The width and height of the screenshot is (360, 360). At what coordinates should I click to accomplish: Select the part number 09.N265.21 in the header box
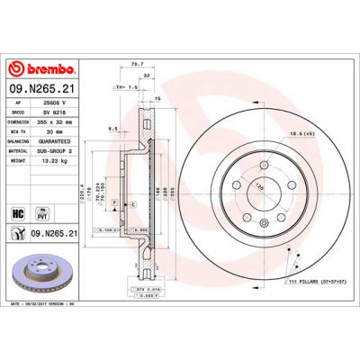[41, 88]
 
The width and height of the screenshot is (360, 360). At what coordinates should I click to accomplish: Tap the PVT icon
[40, 211]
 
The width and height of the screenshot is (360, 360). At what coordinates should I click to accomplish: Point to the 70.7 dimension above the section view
[138, 64]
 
